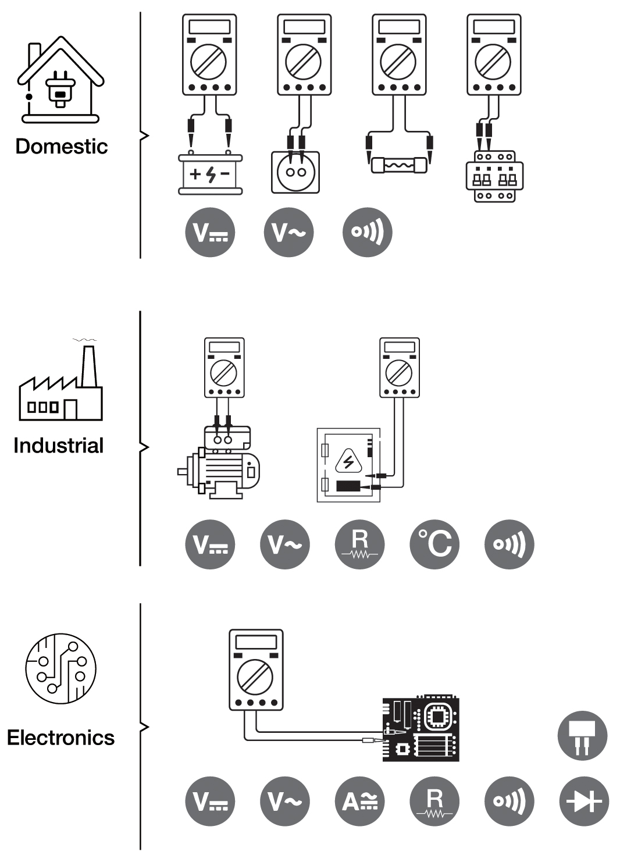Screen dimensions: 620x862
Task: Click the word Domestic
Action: coord(62,147)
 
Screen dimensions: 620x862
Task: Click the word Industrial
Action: coord(59,446)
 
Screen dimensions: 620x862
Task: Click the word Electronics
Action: coord(61,738)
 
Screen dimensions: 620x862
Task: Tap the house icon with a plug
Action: coord(60,80)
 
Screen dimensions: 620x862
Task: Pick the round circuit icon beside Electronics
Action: coord(61,669)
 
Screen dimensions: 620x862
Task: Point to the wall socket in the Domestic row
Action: coord(295,172)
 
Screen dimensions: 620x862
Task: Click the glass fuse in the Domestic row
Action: coord(399,165)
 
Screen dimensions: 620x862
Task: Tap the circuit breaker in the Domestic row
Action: coord(494,176)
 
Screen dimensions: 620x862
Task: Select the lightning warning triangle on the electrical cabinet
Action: coord(348,461)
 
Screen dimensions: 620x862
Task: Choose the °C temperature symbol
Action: coord(434,544)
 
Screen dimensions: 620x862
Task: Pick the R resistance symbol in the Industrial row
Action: coord(360,544)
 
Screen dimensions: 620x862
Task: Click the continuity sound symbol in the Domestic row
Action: coord(367,232)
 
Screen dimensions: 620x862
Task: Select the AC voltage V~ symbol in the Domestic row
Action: coord(288,232)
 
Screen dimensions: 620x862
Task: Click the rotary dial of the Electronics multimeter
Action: coord(255,677)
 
